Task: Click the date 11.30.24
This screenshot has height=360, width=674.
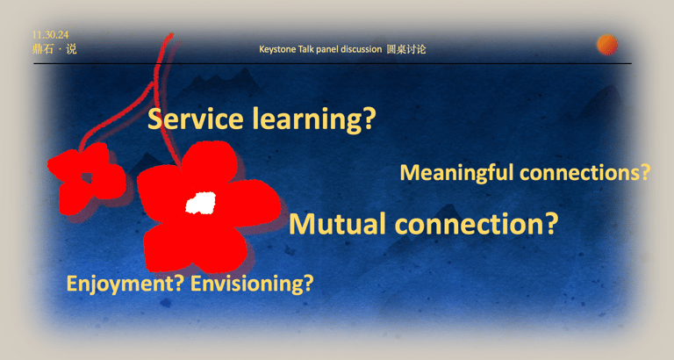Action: [x=50, y=35]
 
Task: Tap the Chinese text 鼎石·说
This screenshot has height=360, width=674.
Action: [x=54, y=49]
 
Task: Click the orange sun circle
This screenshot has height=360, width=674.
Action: [x=607, y=45]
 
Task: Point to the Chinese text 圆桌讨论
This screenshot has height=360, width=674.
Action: [x=406, y=49]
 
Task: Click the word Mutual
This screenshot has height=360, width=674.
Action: [x=337, y=224]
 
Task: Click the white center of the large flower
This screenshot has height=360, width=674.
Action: [x=201, y=203]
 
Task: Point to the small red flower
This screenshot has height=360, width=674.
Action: [x=86, y=177]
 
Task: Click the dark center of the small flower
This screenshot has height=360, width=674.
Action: [x=87, y=177]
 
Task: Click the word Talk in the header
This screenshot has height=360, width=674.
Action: [x=306, y=49]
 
